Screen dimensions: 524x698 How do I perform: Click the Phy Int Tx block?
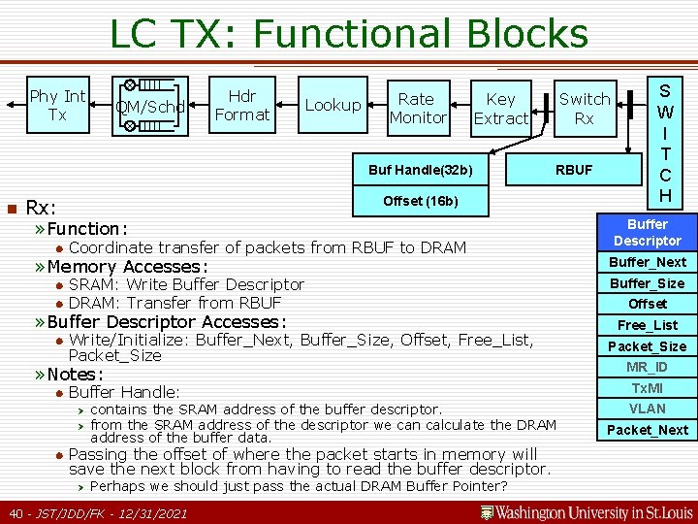[x=57, y=105]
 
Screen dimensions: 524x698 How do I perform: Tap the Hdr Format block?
[x=241, y=105]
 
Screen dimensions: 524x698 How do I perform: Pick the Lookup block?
[x=333, y=105]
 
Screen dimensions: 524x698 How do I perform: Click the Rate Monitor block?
[x=417, y=108]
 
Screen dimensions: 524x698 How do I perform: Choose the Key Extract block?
[x=500, y=108]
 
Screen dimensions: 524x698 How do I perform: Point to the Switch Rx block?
[x=584, y=108]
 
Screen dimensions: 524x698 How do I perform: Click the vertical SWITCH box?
[x=665, y=141]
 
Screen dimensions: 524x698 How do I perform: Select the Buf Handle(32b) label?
[x=420, y=170]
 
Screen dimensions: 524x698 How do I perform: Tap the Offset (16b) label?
[x=420, y=201]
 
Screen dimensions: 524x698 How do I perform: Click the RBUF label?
[x=573, y=170]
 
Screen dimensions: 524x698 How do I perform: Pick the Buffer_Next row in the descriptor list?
[x=647, y=262]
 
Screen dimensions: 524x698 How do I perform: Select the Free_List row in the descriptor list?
[x=647, y=325]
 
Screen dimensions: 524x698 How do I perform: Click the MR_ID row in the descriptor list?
[x=647, y=367]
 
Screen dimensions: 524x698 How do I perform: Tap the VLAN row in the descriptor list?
[x=647, y=409]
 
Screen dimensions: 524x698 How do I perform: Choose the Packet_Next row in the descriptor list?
[x=647, y=430]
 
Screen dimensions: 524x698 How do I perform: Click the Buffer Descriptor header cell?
[x=647, y=232]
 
